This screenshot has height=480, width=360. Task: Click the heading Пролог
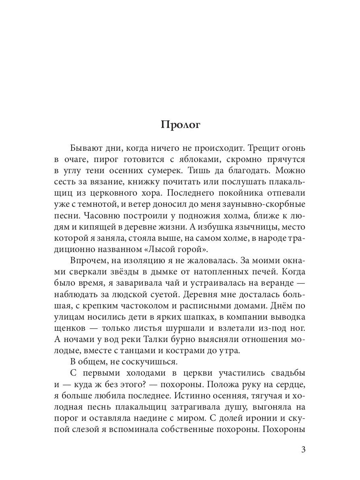tap(180, 124)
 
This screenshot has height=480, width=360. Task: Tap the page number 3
tap(303, 449)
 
